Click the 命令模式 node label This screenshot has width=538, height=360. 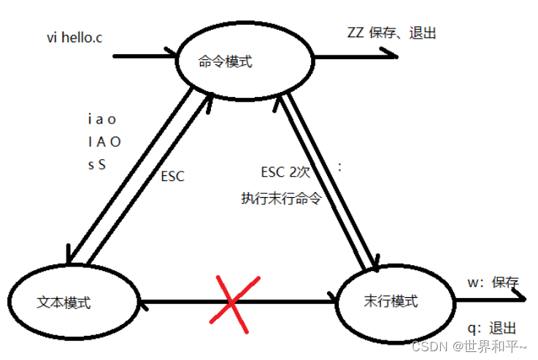pos(226,62)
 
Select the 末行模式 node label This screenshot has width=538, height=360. pos(391,301)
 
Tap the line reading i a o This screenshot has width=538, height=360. pos(101,119)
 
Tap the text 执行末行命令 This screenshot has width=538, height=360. pos(281,198)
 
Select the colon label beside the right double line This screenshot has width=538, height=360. pos(339,167)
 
